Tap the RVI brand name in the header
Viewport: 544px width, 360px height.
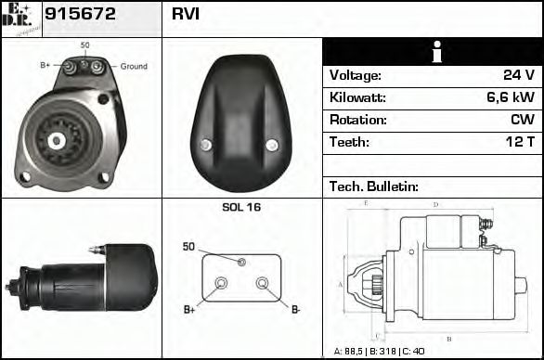[x=185, y=16]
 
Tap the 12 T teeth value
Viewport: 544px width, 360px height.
[x=518, y=143]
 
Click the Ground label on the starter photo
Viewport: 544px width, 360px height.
[x=134, y=67]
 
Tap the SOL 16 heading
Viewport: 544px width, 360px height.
[x=241, y=207]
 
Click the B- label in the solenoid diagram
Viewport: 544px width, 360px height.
[x=294, y=309]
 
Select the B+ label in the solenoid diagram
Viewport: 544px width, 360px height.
[x=189, y=309]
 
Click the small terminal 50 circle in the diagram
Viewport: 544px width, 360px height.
[x=241, y=263]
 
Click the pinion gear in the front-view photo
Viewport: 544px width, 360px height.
[x=56, y=140]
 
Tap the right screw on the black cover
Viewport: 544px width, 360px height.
[x=271, y=144]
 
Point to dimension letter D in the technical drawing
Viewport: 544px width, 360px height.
[x=435, y=204]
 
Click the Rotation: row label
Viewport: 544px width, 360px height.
[x=357, y=121]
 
